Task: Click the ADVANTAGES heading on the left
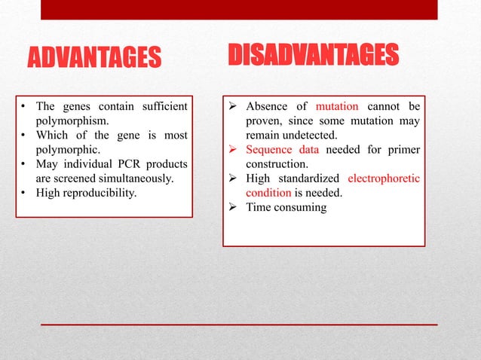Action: [x=94, y=57]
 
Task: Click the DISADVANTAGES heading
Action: [x=313, y=54]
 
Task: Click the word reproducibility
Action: [x=100, y=193]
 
